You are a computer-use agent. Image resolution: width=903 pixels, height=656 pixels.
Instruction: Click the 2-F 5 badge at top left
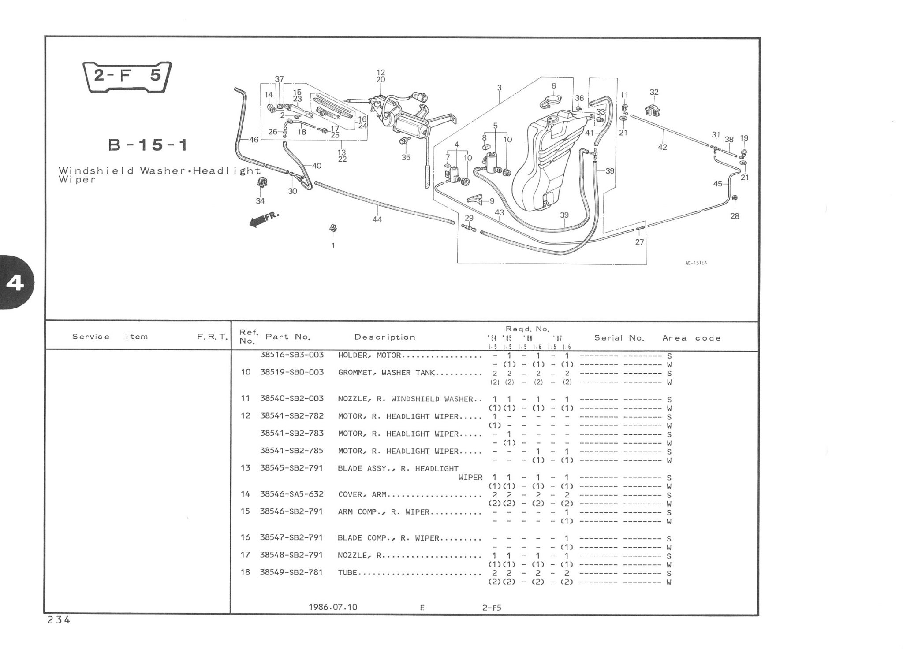tap(127, 77)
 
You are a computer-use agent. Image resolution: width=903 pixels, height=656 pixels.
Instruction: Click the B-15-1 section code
tap(148, 145)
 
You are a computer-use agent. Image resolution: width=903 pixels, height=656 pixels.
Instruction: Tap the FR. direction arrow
tap(264, 219)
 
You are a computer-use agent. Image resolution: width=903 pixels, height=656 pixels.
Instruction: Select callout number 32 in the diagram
tap(654, 92)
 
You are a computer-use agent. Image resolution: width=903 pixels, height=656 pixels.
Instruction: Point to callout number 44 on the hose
tap(377, 219)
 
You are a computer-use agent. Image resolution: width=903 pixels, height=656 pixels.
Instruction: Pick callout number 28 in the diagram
tap(735, 216)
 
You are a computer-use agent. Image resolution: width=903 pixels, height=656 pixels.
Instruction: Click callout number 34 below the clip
tap(260, 201)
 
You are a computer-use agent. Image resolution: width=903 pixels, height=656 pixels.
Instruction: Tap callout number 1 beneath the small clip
tap(333, 245)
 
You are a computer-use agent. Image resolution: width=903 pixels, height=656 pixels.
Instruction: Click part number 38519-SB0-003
tap(292, 372)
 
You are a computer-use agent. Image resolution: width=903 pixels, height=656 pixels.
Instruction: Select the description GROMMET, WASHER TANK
tap(386, 373)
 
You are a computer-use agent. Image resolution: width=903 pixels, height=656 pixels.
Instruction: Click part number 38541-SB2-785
tap(292, 451)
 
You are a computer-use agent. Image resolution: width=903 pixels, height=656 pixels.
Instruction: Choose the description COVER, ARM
tap(362, 494)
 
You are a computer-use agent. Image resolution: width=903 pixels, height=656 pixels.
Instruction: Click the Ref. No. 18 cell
tap(245, 572)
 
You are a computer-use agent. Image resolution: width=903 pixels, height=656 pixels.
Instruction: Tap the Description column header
tap(385, 337)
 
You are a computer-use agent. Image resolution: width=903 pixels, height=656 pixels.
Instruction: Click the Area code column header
tap(691, 338)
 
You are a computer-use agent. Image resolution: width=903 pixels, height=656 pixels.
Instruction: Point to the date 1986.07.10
tap(333, 607)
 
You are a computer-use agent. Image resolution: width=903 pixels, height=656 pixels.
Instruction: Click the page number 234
tap(59, 620)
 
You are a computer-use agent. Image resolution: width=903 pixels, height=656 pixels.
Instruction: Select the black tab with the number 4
tap(16, 283)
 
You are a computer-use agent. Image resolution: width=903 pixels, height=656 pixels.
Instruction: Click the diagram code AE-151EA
tap(696, 263)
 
